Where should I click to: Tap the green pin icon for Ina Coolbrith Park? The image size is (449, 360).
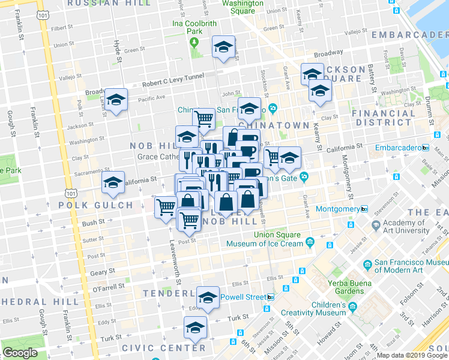pos(193,42)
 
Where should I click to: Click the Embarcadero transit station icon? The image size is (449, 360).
pos(426,148)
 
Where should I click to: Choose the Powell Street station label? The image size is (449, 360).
pos(243,297)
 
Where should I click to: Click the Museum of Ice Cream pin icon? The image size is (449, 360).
pos(310,242)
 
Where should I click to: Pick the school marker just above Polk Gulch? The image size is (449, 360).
pos(113,184)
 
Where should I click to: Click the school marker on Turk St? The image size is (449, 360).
pos(195,327)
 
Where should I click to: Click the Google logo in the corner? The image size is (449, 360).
pos(20,353)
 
